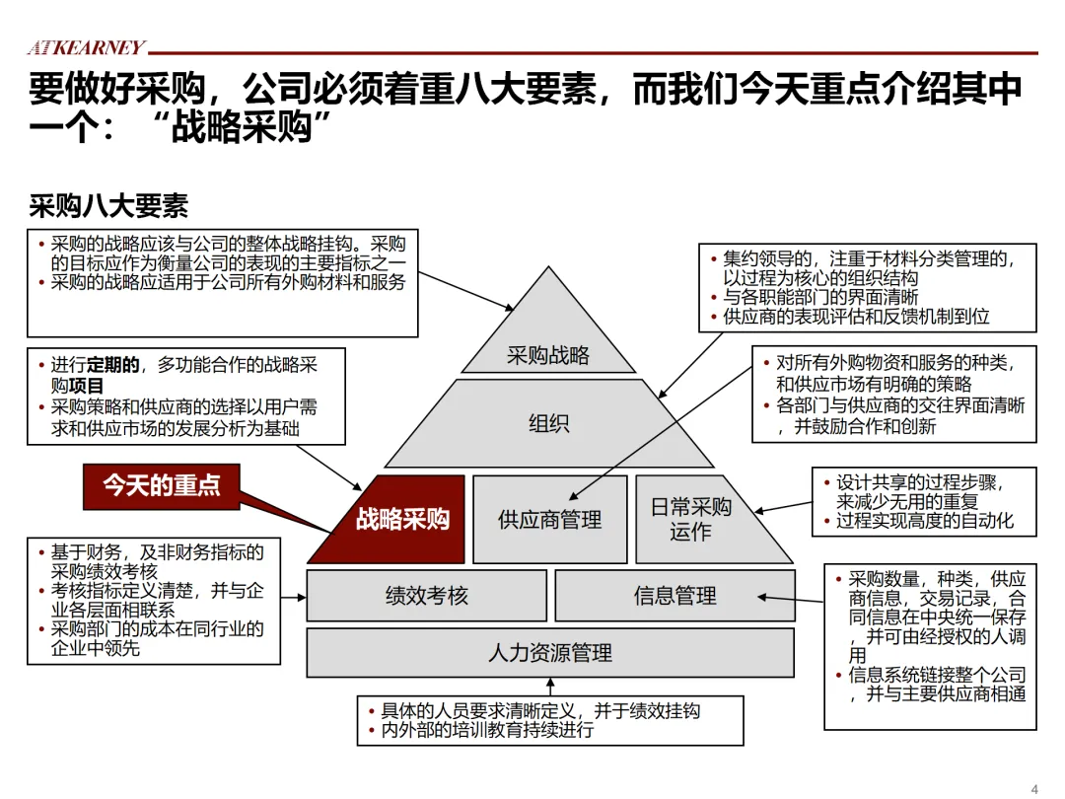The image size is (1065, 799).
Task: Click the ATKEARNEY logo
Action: coord(86,47)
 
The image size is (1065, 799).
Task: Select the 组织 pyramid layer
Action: coord(548,423)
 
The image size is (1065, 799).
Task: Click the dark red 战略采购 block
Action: coord(401,519)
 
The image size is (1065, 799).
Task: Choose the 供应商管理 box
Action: coord(549,519)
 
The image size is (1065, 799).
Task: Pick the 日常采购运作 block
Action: coord(691,519)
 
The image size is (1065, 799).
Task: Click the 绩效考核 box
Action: coord(426,595)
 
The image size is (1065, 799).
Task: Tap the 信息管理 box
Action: coord(674,595)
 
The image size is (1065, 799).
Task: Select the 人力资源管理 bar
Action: coord(549,652)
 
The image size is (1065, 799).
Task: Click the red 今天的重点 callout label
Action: coord(162,484)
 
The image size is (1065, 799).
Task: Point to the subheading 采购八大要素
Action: coord(108,206)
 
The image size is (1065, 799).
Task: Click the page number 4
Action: coord(1034,787)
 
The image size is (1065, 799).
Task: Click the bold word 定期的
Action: coord(113,366)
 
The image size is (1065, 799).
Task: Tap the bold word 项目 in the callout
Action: coord(87,386)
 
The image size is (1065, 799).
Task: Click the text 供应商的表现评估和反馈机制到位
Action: coord(856,317)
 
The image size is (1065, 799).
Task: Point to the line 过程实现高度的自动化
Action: coord(924,520)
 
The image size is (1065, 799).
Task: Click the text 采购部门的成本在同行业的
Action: coord(158,628)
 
